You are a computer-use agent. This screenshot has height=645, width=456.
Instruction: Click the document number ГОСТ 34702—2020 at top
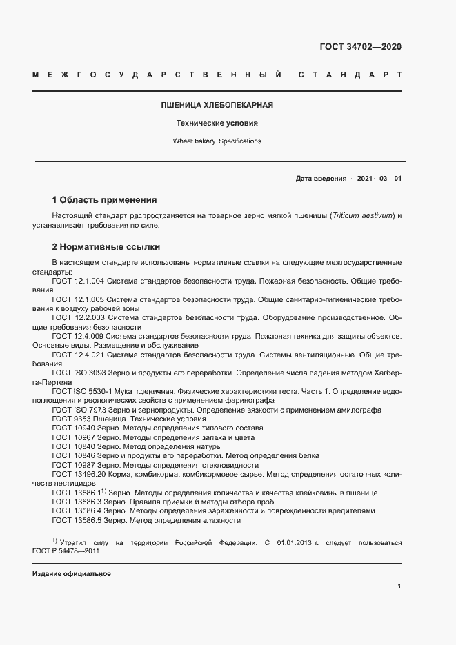[x=360, y=47]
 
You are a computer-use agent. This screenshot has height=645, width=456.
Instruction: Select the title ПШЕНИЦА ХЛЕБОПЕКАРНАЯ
[x=217, y=106]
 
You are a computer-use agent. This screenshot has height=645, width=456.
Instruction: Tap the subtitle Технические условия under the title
[x=217, y=123]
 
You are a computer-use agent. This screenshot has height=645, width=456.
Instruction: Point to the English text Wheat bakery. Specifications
[x=217, y=141]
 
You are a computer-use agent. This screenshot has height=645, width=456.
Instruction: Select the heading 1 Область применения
[x=105, y=200]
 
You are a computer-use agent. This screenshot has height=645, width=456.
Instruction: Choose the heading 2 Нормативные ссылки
[x=106, y=246]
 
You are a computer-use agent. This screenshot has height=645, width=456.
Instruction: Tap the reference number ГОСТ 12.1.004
[x=78, y=281]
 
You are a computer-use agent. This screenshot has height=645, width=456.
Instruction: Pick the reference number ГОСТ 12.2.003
[x=78, y=318]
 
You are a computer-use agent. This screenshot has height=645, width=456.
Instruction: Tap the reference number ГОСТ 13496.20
[x=81, y=475]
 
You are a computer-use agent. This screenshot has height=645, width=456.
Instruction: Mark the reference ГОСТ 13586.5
[x=78, y=521]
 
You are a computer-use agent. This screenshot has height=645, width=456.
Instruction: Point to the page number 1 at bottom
[x=399, y=586]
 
